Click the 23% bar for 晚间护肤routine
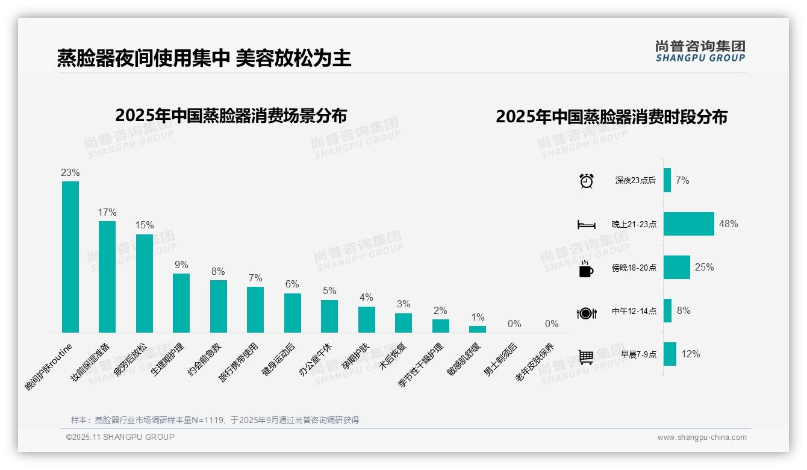(x=70, y=257)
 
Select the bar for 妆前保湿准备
(x=107, y=277)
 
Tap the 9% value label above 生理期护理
(x=181, y=265)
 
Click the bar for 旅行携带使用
(x=255, y=310)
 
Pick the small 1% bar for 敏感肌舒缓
(x=478, y=329)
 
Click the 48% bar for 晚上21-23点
(x=689, y=224)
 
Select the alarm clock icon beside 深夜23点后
(x=587, y=181)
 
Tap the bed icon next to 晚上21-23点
(x=587, y=224)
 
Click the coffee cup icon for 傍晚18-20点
(x=586, y=268)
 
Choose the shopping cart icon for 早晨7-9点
(x=587, y=356)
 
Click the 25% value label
(x=704, y=267)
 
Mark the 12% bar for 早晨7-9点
(x=670, y=354)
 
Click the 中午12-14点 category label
(x=634, y=312)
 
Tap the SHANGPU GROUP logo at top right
(x=700, y=51)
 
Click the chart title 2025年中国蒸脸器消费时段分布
(x=611, y=116)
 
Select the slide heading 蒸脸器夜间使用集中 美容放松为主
(x=204, y=58)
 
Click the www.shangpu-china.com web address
(x=702, y=437)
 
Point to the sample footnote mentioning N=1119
(x=215, y=420)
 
